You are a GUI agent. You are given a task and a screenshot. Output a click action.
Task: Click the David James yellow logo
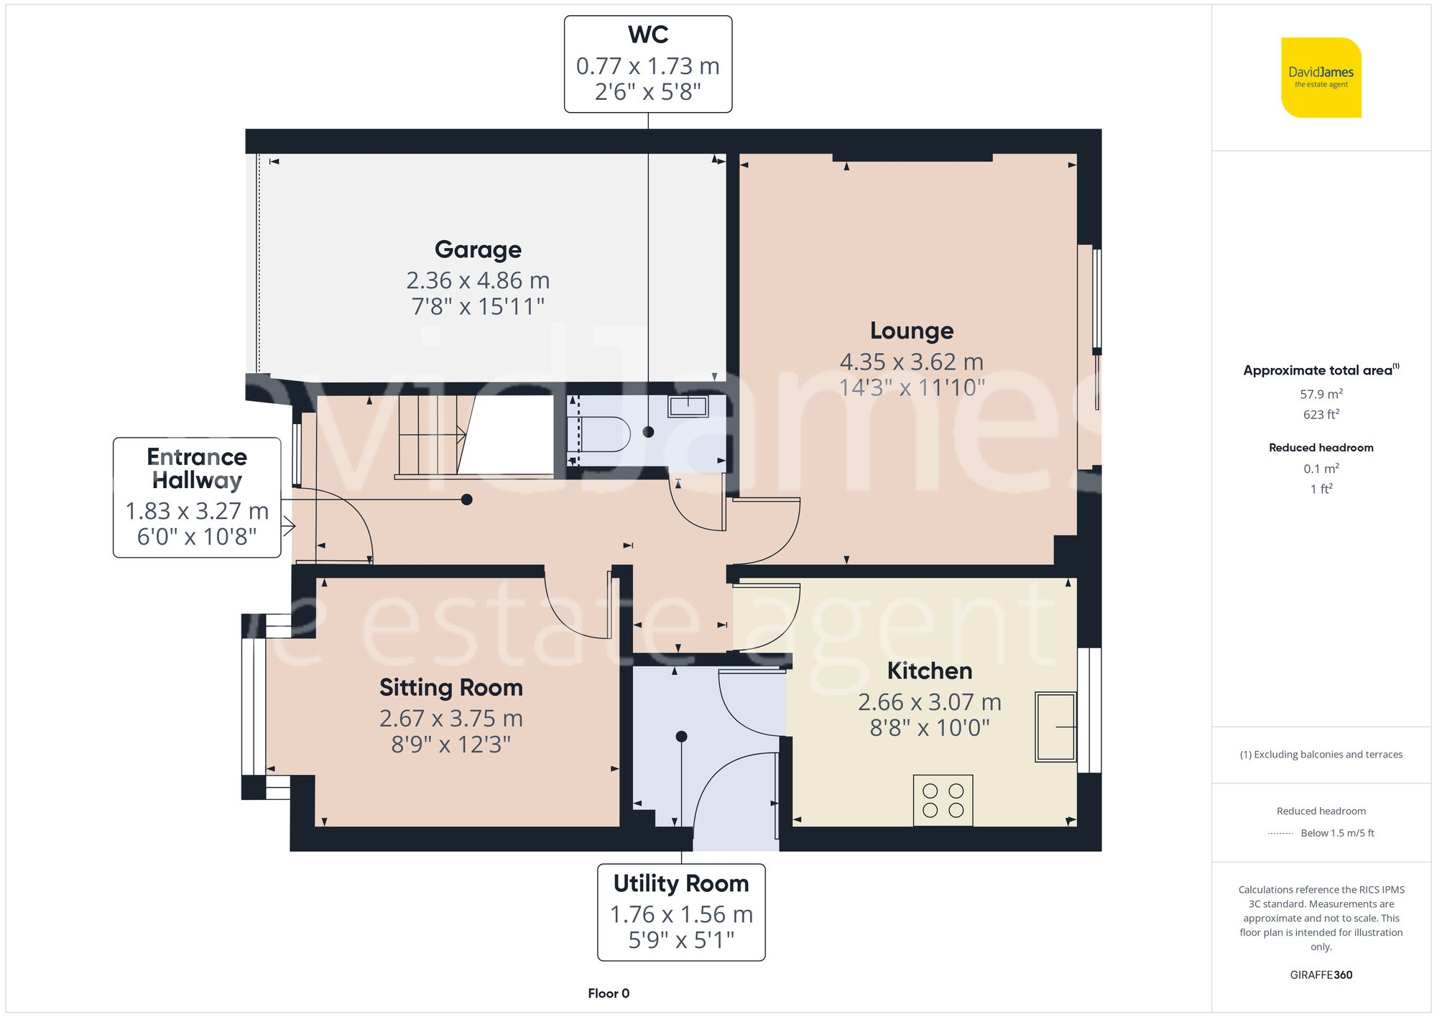pos(1321,78)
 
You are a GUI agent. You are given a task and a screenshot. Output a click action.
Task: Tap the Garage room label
pos(478,249)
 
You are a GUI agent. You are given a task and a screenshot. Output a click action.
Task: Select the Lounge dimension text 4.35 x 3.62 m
pos(911,362)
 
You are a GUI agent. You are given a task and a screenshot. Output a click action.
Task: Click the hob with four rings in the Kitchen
pos(943,800)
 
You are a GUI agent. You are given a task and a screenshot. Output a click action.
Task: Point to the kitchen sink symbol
pos(1055,727)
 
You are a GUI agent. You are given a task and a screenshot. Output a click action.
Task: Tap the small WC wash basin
pos(688,406)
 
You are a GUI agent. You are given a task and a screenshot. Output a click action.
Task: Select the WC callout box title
pos(647,34)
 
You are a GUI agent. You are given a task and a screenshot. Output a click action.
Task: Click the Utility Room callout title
pos(680,883)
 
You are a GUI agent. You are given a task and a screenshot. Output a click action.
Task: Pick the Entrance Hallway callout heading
pos(197,468)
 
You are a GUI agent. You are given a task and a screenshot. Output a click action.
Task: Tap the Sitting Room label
pos(450,688)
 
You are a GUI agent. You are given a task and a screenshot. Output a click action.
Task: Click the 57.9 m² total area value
pos(1321,394)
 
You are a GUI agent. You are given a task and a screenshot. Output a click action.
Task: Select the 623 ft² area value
pos(1321,414)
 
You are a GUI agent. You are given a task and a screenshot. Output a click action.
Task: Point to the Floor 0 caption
pos(608,993)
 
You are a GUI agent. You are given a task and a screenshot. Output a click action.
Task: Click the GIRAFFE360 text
pos(1321,975)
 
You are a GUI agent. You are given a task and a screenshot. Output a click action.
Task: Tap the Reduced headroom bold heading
pos(1321,447)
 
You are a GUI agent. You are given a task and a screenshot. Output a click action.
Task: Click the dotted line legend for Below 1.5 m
pos(1280,834)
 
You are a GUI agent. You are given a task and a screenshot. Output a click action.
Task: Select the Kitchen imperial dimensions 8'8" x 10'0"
pos(929,728)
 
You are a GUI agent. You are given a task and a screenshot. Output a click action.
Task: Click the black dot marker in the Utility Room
pos(681,737)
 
